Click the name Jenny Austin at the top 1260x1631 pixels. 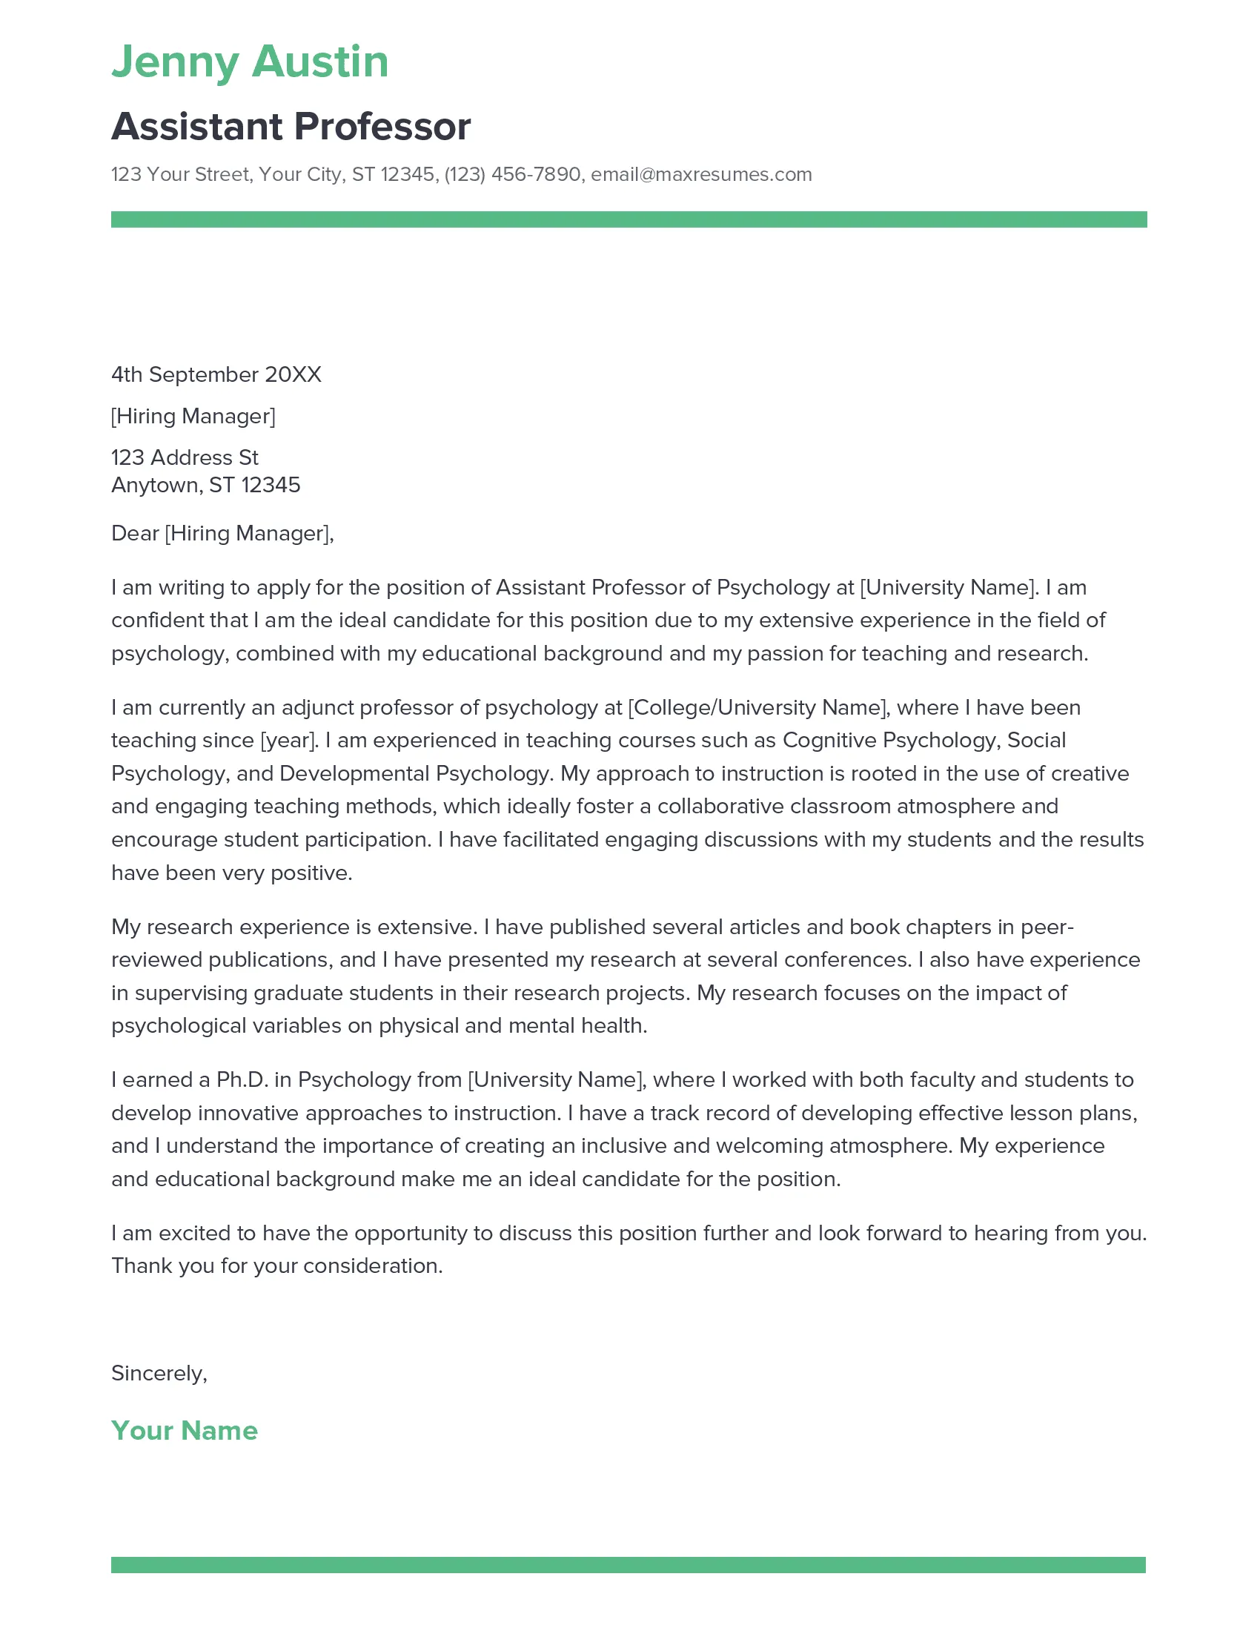coord(249,62)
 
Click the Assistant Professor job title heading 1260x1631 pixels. coord(291,126)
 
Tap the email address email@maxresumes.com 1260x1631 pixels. coord(701,175)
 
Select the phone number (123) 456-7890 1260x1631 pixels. coord(512,175)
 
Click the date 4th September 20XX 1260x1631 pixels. coord(216,374)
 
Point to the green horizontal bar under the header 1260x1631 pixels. coord(629,219)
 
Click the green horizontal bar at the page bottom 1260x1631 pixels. coord(629,1564)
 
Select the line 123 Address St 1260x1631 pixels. coord(185,457)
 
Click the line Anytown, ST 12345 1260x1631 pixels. coord(205,486)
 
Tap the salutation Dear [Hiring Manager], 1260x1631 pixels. coord(222,533)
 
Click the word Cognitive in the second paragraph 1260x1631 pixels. coord(829,740)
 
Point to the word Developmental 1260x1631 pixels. coord(354,774)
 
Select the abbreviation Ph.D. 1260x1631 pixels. coord(242,1080)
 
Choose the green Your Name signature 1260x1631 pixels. coord(185,1430)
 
